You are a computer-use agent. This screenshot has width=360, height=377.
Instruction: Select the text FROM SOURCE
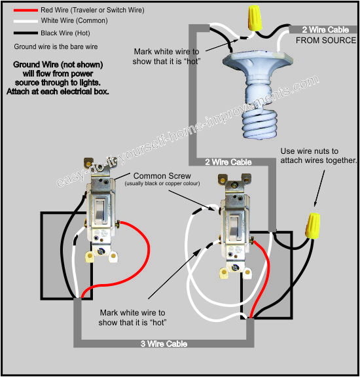coord(326,41)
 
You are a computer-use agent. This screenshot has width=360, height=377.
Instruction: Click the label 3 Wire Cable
coord(164,344)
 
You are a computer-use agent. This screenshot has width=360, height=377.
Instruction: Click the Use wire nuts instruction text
coord(318,156)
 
